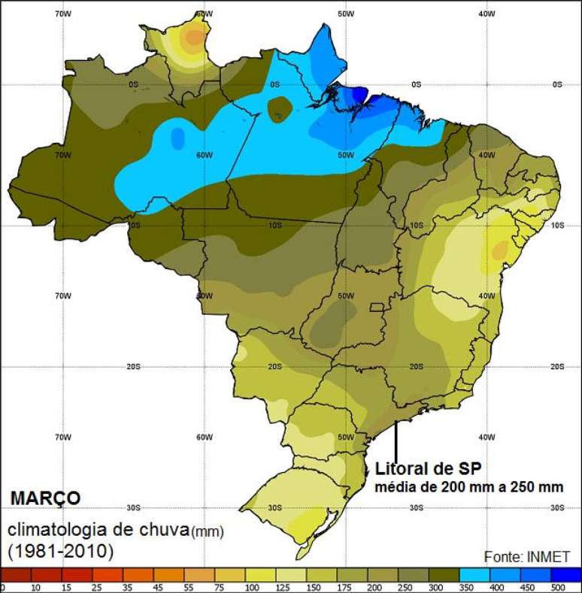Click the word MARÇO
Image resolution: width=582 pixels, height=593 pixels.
(x=45, y=498)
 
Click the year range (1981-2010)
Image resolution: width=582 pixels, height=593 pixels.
(x=60, y=552)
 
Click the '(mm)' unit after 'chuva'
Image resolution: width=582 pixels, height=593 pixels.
(x=207, y=532)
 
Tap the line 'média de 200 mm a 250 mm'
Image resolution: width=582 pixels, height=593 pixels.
(x=469, y=486)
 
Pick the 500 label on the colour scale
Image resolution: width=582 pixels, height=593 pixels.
(x=557, y=588)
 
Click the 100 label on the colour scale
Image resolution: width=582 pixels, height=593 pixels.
(x=252, y=588)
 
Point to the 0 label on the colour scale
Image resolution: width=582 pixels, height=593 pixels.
(x=3, y=588)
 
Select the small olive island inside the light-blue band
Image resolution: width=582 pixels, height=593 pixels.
(x=279, y=107)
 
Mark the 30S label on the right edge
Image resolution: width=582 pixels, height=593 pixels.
(x=556, y=508)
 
